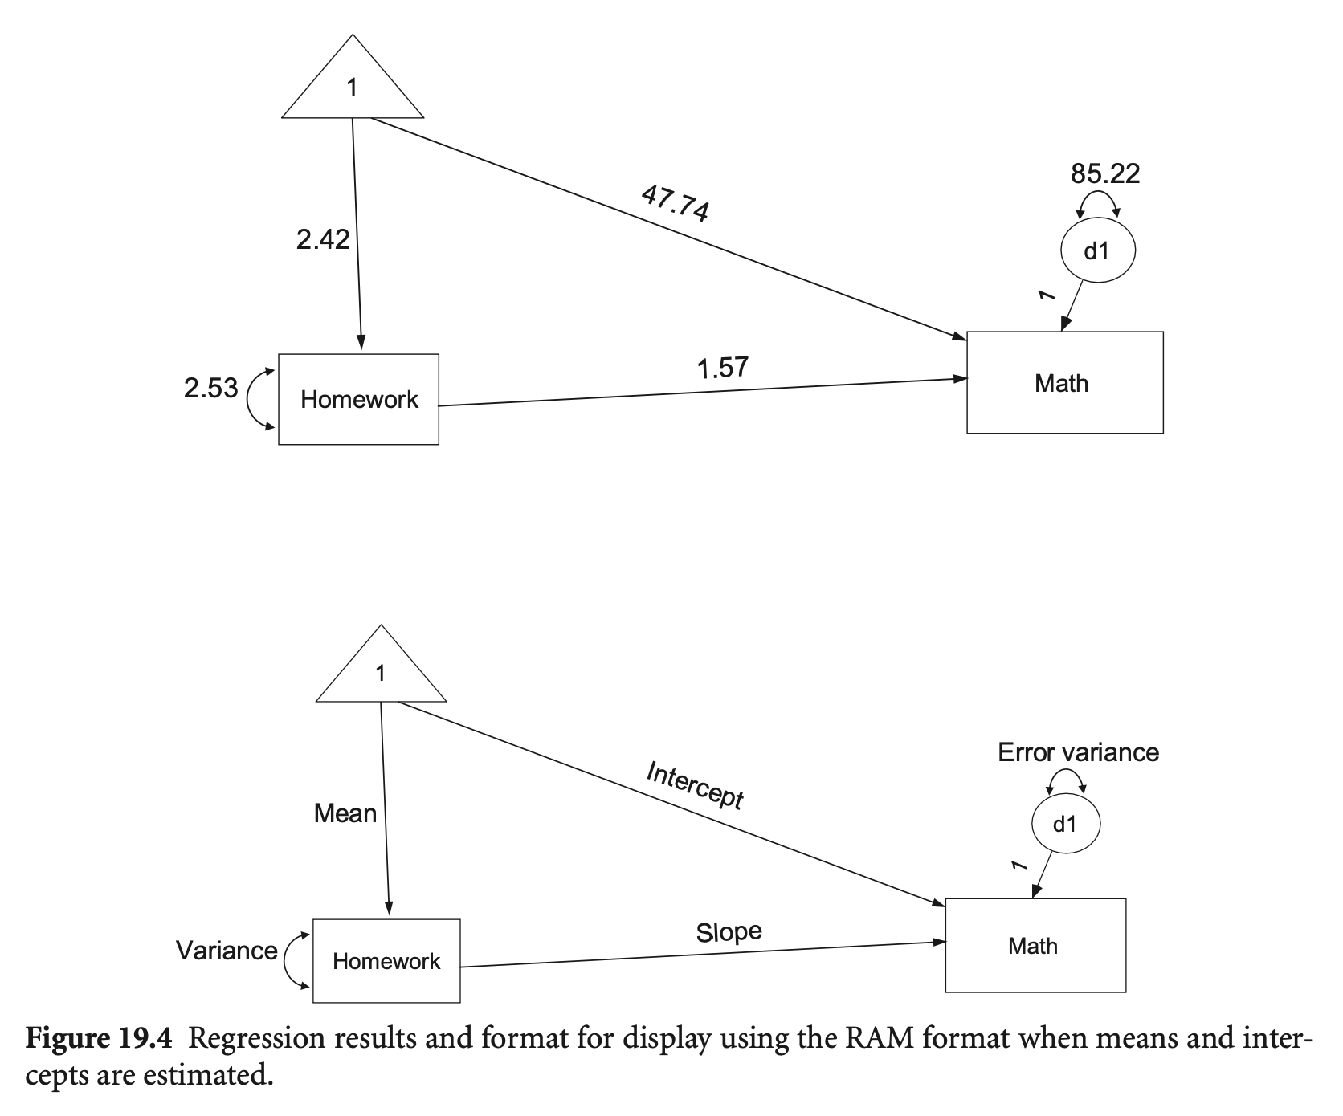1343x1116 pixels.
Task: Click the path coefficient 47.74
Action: [x=676, y=202]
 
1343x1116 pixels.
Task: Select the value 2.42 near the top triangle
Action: [x=323, y=239]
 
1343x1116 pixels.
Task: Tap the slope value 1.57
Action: [x=723, y=368]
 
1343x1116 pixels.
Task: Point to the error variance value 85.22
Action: [x=1105, y=173]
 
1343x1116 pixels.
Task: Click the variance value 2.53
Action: [x=211, y=389]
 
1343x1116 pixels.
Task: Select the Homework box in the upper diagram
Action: [x=359, y=399]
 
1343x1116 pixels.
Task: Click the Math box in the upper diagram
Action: [x=1064, y=383]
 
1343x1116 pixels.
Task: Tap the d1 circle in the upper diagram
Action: [x=1097, y=251]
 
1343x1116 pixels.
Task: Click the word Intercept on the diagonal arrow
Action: [x=696, y=785]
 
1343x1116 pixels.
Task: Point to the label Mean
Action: [x=345, y=813]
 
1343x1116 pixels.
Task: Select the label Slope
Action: [x=729, y=932]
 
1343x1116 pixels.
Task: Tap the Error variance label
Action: [x=1078, y=752]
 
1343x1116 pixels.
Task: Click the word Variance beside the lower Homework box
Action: [x=227, y=951]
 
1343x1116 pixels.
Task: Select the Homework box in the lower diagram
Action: [x=386, y=961]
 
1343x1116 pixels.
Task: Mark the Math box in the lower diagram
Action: [x=1035, y=946]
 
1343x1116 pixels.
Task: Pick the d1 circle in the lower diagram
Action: [x=1065, y=824]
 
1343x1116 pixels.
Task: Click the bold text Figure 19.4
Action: [x=99, y=1039]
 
